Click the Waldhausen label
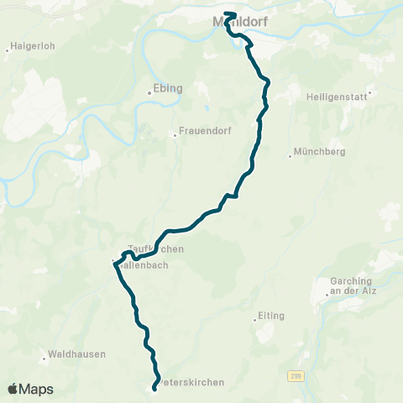pyautogui.click(x=78, y=354)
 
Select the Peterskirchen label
pyautogui.click(x=191, y=383)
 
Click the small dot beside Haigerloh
pyautogui.click(x=7, y=50)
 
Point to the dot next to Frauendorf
pyautogui.click(x=175, y=133)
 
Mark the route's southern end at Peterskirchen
pyautogui.click(x=155, y=387)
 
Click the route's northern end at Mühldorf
pyautogui.click(x=228, y=13)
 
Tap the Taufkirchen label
pyautogui.click(x=155, y=249)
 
